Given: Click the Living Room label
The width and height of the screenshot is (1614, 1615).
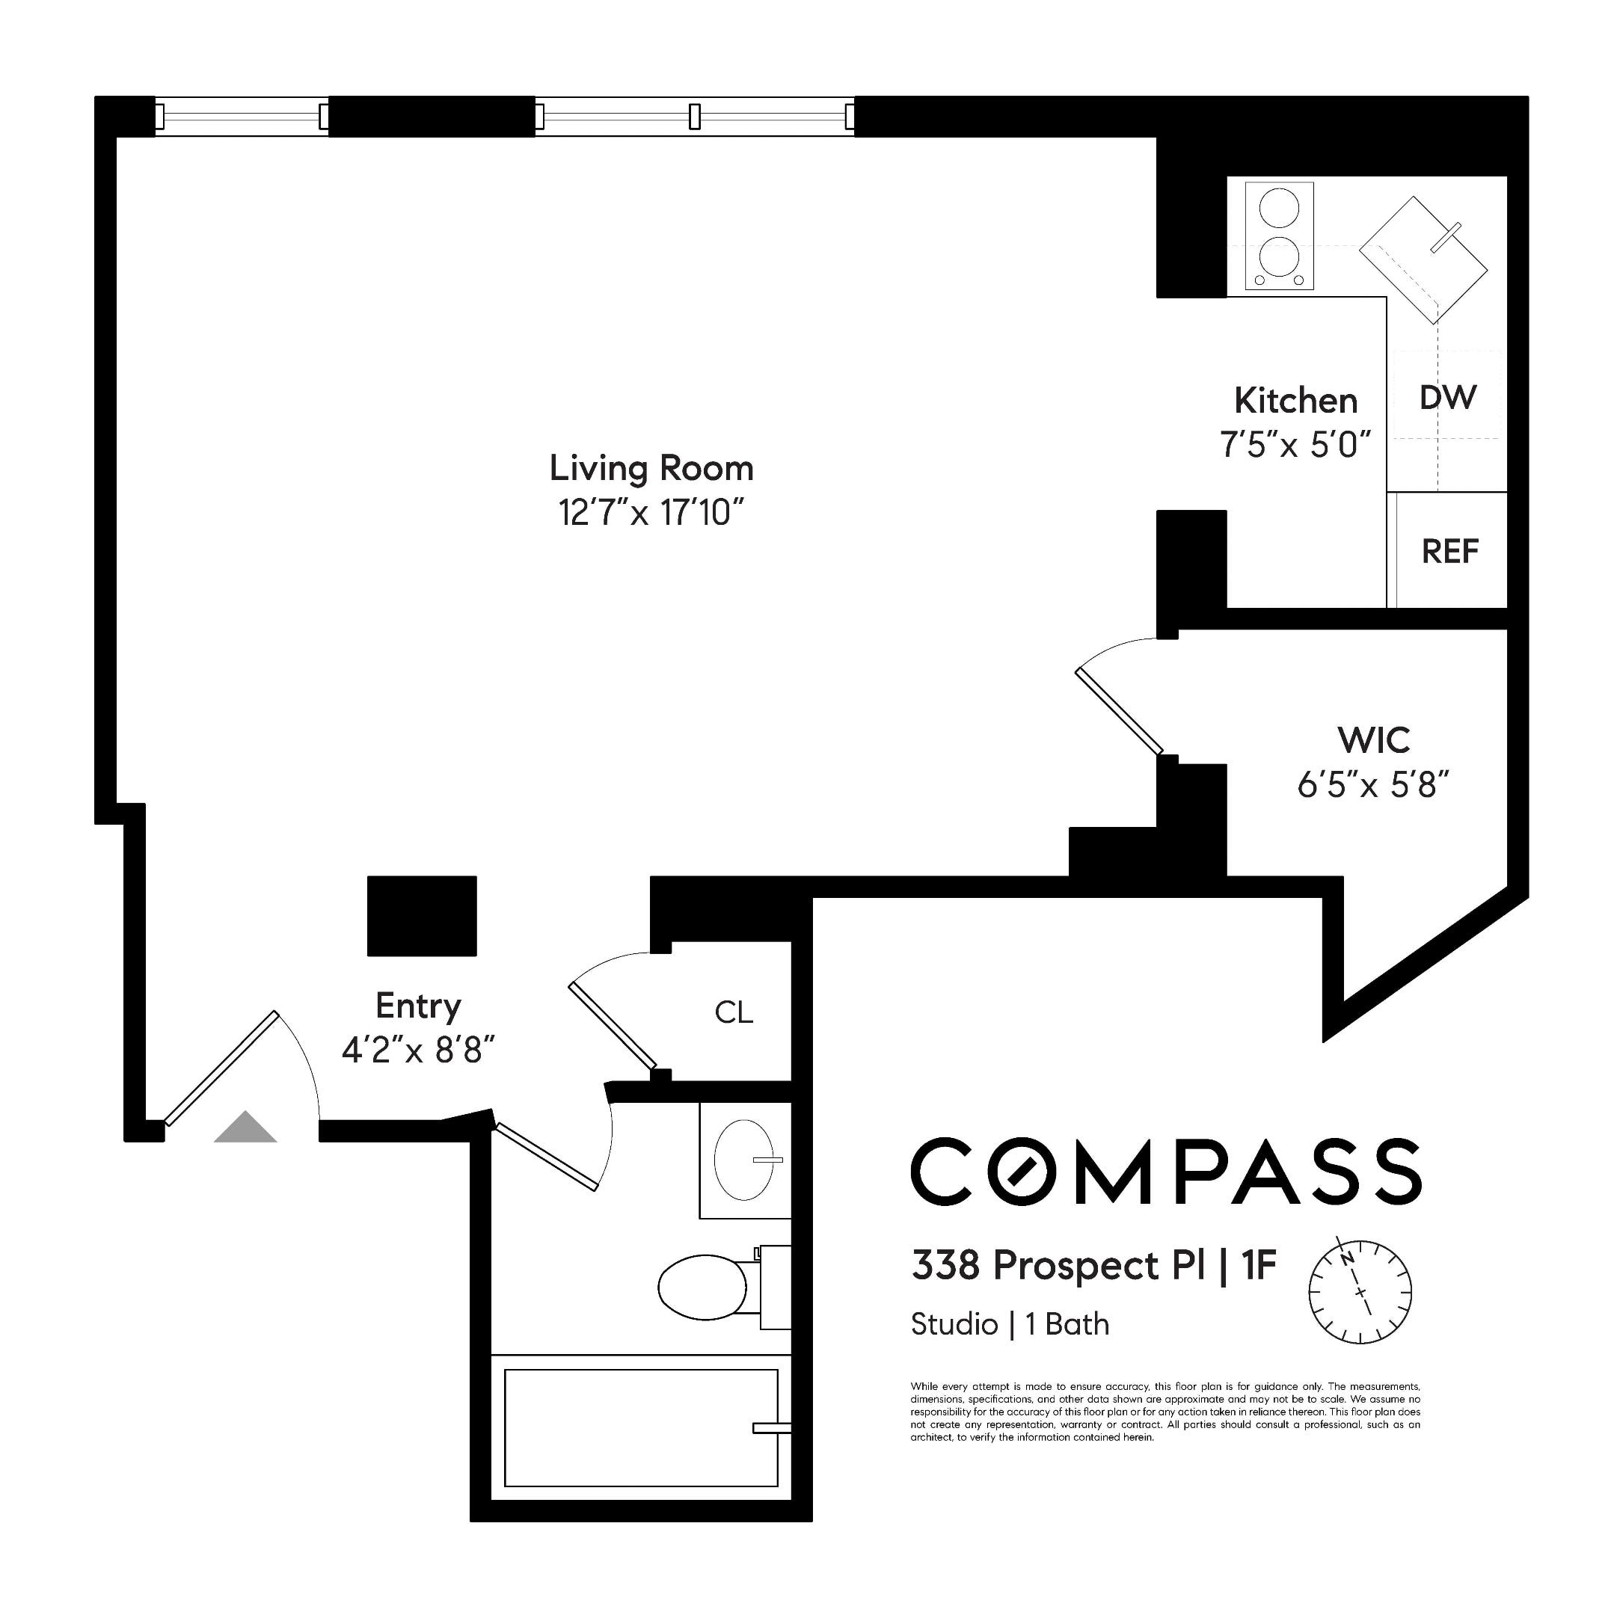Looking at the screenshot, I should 651,468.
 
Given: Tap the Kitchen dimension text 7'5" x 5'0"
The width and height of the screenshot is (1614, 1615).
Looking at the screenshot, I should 1295,445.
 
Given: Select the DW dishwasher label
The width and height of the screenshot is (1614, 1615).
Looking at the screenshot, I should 1447,398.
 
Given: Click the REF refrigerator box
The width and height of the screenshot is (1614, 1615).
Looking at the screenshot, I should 1449,551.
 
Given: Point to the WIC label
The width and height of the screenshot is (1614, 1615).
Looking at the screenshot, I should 1373,739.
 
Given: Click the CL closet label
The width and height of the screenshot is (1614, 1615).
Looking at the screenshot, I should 734,1012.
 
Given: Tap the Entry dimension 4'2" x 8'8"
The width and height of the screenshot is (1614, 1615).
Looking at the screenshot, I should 418,1050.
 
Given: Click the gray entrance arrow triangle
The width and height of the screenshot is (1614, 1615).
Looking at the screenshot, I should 245,1128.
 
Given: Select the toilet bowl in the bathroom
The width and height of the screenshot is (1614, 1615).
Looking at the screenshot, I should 702,1287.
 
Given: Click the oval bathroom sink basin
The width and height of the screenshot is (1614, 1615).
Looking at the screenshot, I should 743,1160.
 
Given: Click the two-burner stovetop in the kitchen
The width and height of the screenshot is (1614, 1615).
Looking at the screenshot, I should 1279,236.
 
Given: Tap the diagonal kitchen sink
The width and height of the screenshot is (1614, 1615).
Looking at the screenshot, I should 1423,260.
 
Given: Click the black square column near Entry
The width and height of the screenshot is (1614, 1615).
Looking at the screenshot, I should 422,915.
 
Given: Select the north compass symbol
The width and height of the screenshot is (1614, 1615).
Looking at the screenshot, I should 1360,1291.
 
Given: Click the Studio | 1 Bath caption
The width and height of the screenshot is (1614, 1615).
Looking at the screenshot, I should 1010,1324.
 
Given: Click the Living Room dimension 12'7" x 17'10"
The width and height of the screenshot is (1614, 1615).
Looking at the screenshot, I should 651,512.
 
